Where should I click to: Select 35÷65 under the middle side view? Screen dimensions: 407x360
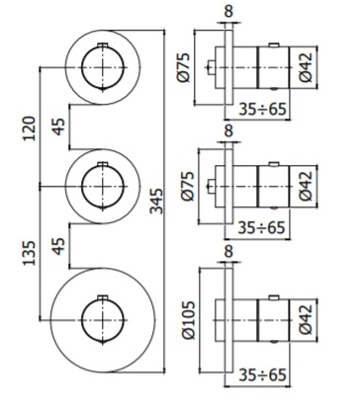262,228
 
